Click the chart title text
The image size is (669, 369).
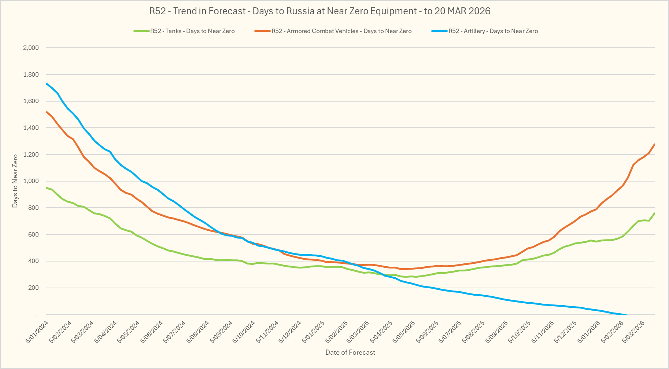tap(319, 11)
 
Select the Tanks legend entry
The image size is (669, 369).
tap(192, 31)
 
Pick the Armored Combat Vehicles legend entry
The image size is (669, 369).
tap(341, 31)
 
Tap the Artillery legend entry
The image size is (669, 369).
tap(493, 31)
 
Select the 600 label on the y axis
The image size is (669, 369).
tap(33, 234)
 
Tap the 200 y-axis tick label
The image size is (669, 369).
tap(33, 288)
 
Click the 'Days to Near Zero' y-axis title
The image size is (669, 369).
tap(15, 181)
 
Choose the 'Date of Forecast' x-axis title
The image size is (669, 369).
tap(350, 352)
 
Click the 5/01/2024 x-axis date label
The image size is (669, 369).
tap(37, 332)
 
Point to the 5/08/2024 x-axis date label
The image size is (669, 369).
tap(198, 332)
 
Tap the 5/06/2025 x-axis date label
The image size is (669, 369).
tap(427, 332)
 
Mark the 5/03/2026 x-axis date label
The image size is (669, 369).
tap(634, 332)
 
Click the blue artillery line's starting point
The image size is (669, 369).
tap(47, 84)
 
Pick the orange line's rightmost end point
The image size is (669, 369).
tap(654, 145)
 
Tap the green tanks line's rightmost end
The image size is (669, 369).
tap(654, 213)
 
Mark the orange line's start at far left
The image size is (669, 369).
tap(47, 112)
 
